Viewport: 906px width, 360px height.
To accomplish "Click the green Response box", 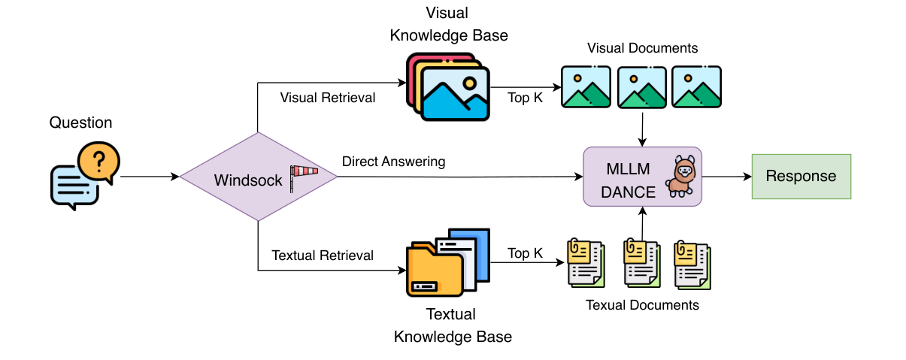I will tap(801, 177).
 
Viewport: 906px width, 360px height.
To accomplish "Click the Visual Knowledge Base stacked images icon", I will tap(449, 86).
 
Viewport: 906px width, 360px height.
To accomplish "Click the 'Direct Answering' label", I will tap(393, 162).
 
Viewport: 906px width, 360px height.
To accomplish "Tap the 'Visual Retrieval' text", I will tap(327, 98).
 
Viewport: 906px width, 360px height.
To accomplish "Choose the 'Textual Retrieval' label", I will tap(323, 256).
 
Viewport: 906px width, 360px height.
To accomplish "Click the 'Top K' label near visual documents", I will tap(525, 98).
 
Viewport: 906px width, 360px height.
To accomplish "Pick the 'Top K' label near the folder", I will tap(525, 253).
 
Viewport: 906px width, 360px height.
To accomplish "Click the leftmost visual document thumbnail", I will tap(586, 86).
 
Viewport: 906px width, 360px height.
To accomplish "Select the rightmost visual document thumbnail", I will tap(696, 86).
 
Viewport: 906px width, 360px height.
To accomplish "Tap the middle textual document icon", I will tap(641, 264).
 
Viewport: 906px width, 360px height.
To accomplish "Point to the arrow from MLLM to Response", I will tap(726, 177).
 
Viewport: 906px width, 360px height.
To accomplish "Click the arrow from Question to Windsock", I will tap(150, 177).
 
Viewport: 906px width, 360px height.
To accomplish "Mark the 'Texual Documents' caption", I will tap(642, 305).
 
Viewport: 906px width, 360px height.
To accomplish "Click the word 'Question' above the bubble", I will tap(80, 123).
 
